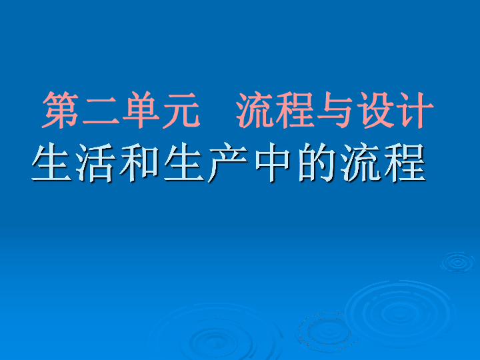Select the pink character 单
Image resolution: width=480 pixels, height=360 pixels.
[x=141, y=109]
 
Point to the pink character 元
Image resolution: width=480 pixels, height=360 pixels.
[x=180, y=109]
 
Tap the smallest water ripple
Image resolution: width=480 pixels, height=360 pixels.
[x=457, y=261]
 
